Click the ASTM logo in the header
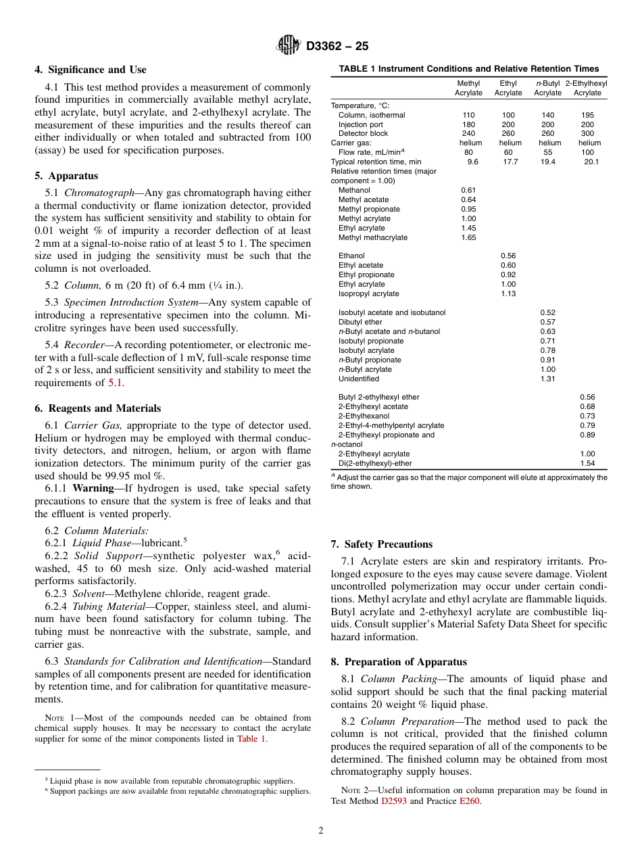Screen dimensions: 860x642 [289, 46]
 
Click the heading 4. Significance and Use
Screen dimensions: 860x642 [91, 70]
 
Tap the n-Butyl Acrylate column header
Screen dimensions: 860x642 [547, 88]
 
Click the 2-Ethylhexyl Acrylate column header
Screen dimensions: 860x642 [587, 88]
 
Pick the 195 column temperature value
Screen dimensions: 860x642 [587, 115]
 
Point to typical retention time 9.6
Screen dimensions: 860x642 [472, 162]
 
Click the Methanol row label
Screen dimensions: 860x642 [353, 191]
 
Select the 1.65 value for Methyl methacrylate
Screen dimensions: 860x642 [468, 238]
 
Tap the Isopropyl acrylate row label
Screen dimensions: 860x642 [368, 293]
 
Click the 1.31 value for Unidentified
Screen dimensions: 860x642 [547, 379]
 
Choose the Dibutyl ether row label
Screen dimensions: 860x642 [360, 322]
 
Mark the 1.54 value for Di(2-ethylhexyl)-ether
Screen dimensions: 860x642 [587, 463]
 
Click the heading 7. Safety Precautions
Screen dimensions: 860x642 [381, 544]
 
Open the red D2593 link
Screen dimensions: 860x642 [393, 801]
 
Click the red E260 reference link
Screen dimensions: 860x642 [469, 801]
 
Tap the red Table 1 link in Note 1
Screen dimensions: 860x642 [251, 739]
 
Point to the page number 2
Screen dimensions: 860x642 [321, 831]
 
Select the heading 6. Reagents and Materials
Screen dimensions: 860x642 [98, 408]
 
